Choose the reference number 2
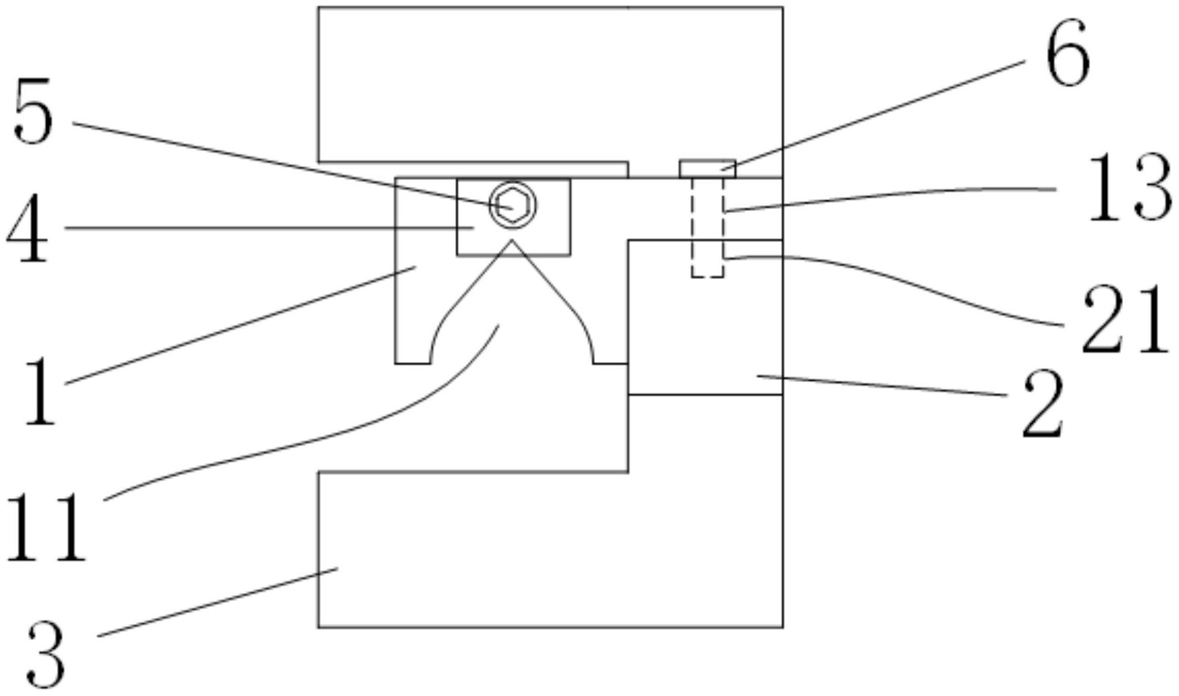[x=1043, y=404]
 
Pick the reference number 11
[x=45, y=528]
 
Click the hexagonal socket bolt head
[x=512, y=205]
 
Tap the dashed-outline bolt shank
[x=707, y=228]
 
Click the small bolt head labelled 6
[x=707, y=169]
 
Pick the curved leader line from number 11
[x=330, y=435]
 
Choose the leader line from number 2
[x=884, y=386]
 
